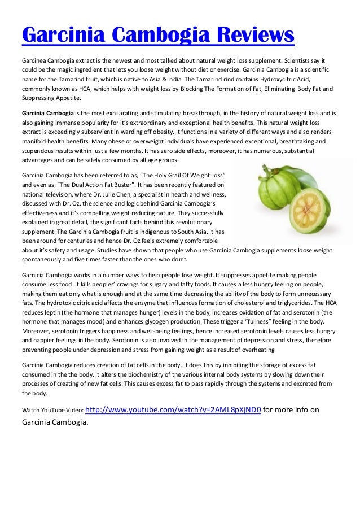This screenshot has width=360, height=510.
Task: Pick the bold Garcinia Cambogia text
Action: tap(47, 112)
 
